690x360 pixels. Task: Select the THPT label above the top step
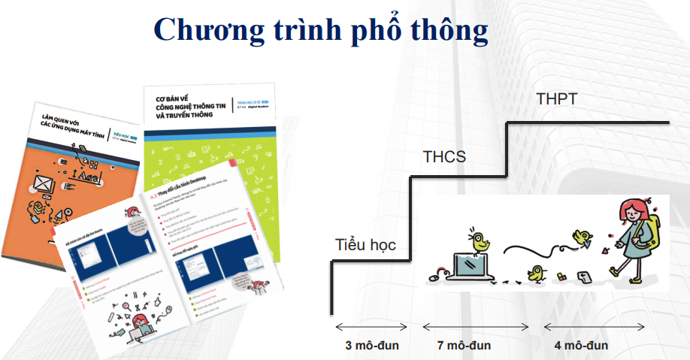click(x=557, y=98)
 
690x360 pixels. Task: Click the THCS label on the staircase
click(x=444, y=157)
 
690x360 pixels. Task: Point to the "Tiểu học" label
click(x=365, y=245)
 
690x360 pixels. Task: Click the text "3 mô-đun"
click(x=371, y=346)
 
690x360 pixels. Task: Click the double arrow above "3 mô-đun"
click(x=371, y=327)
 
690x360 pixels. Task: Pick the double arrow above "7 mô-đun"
click(x=475, y=327)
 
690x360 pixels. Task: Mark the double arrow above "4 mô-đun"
click(x=594, y=327)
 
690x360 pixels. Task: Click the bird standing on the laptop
click(x=478, y=241)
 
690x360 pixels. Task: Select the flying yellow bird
click(x=582, y=238)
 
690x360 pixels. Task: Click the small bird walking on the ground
click(x=537, y=272)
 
